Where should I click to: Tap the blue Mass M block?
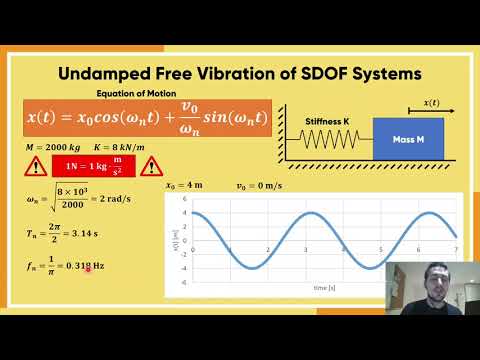408,138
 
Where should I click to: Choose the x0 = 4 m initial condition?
187,186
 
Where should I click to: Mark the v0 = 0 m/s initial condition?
257,186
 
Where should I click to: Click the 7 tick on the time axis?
456,249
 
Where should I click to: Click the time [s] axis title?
323,288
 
